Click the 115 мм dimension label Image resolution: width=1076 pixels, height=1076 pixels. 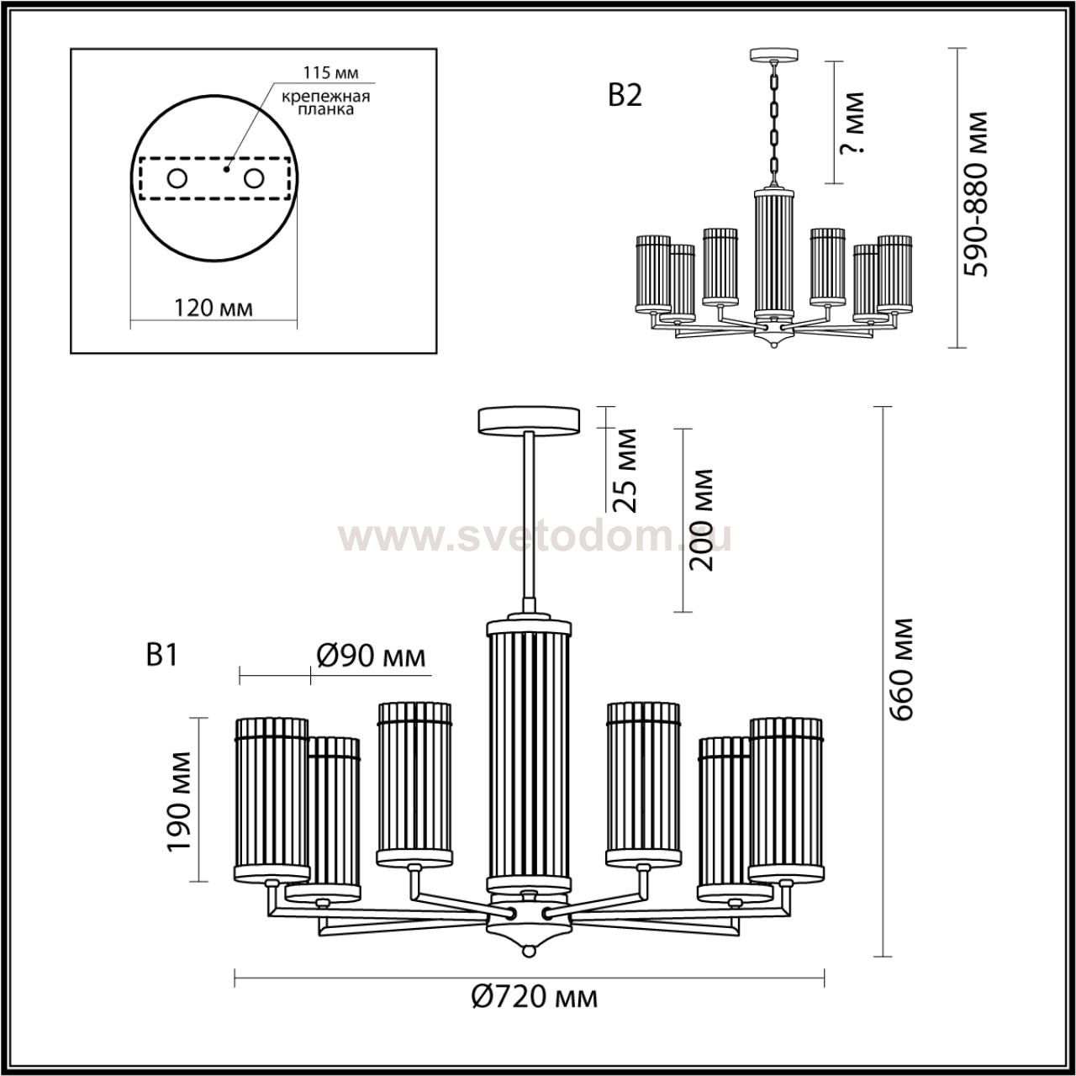click(330, 72)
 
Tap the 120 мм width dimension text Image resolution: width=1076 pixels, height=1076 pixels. click(214, 308)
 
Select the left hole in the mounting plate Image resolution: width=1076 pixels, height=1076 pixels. click(177, 179)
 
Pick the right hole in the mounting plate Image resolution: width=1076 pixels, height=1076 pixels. click(254, 179)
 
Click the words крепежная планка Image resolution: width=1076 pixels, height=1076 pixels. click(326, 103)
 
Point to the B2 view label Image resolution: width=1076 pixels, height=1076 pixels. click(625, 96)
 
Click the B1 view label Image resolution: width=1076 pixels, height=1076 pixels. click(161, 654)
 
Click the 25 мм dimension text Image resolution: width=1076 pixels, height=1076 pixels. click(625, 470)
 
